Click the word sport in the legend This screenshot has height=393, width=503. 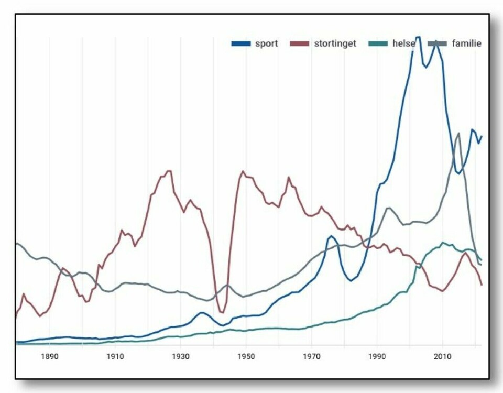(266, 43)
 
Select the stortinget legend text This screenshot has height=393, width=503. (335, 43)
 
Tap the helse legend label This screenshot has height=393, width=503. (403, 43)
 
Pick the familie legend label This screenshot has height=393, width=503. (466, 43)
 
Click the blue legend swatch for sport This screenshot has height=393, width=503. (241, 43)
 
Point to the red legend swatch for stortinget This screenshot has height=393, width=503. (299, 43)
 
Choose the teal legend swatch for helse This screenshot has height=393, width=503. (378, 43)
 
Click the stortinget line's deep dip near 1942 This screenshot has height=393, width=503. (222, 313)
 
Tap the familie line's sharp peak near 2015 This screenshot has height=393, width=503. (459, 133)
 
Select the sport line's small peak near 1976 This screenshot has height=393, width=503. (331, 236)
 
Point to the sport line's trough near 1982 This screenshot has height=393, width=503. (351, 280)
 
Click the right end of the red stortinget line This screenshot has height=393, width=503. (482, 285)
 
